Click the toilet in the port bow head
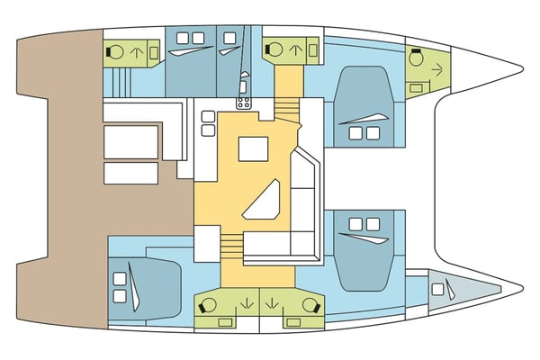pos(417,56)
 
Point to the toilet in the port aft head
pos(115,52)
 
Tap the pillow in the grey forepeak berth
pos(436,289)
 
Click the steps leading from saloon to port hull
pos(285,111)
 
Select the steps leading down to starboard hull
pos(232,244)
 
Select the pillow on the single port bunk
pos(229,37)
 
